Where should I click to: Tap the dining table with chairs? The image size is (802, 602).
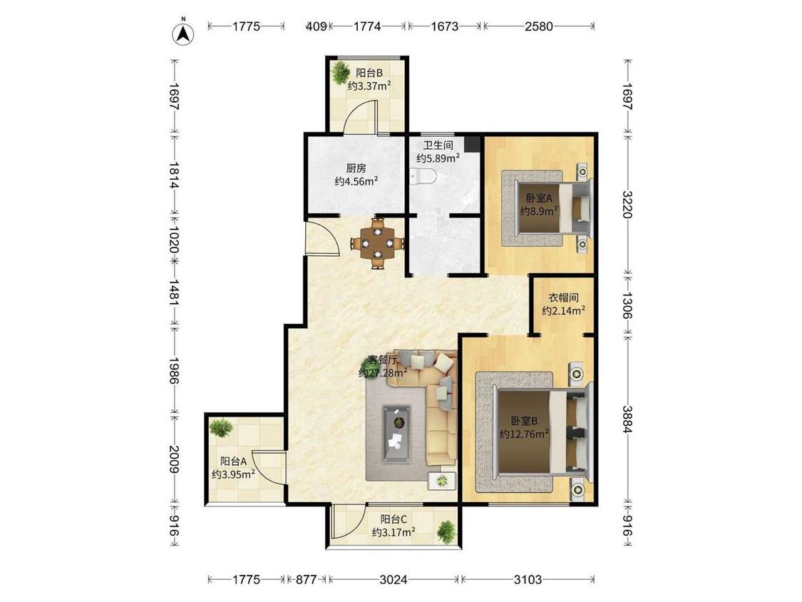[x=377, y=243]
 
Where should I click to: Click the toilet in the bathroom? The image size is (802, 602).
[x=423, y=177]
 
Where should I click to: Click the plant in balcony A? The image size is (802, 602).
[x=221, y=427]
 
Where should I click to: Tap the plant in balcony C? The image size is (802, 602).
[x=446, y=532]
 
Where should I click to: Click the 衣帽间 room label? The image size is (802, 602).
[x=564, y=297]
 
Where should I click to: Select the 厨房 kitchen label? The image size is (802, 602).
[x=356, y=168]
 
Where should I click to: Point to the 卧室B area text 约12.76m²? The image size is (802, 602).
[x=524, y=434]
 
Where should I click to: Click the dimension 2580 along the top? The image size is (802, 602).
[x=539, y=26]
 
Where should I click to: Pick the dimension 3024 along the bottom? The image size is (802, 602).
[x=394, y=579]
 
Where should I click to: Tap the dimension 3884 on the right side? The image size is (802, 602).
[x=627, y=419]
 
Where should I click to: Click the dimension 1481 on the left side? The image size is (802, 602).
[x=175, y=292]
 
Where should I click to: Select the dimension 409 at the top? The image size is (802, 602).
[x=316, y=26]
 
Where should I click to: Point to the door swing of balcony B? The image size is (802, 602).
[x=360, y=117]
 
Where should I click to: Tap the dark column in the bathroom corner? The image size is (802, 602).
[x=473, y=144]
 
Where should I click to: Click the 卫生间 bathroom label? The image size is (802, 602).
[x=438, y=145]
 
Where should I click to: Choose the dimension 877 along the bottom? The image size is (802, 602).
[x=307, y=579]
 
